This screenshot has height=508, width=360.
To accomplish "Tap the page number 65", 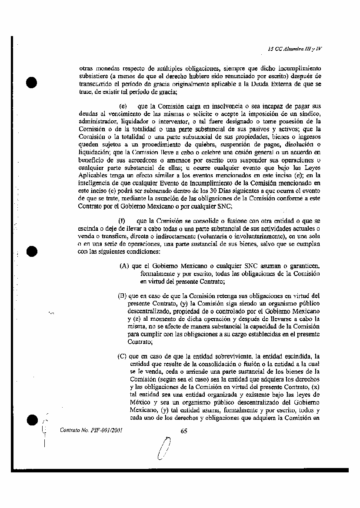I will coord(183,431).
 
